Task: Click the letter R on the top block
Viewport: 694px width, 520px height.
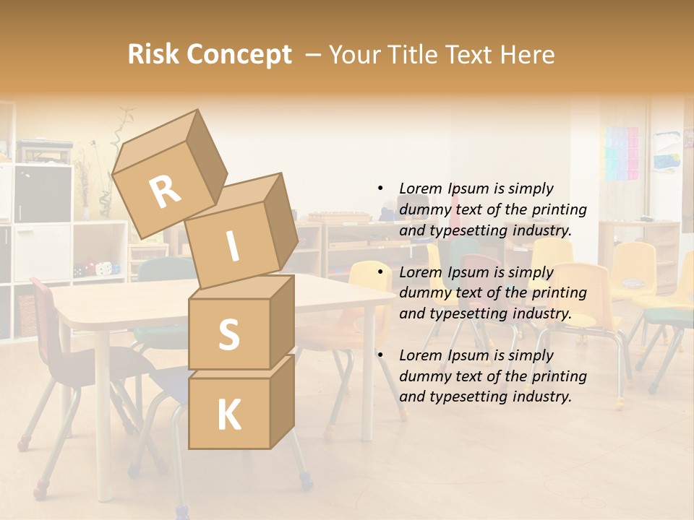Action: [x=165, y=191]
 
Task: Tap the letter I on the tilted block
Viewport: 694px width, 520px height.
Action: [x=232, y=246]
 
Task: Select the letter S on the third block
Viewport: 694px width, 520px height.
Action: [x=228, y=334]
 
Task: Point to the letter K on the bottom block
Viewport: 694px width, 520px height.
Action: [x=228, y=415]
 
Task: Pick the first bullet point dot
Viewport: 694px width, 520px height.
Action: [x=380, y=188]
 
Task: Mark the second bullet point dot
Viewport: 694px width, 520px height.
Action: [x=380, y=272]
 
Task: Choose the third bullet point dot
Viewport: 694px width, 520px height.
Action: [x=380, y=355]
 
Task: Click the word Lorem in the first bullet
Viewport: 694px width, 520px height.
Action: [x=421, y=188]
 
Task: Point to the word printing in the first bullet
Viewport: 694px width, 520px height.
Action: [x=560, y=209]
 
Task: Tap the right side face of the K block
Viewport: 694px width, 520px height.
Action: [x=282, y=401]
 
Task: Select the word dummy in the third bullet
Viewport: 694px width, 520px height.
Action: [x=424, y=376]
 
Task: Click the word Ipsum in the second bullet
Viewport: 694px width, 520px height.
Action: [x=471, y=272]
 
